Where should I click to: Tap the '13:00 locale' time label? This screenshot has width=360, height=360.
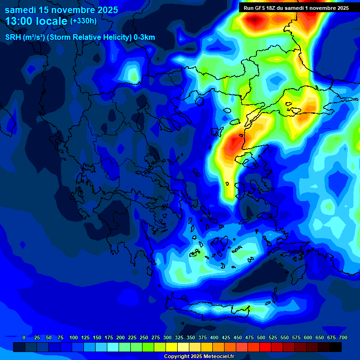pos(37,21)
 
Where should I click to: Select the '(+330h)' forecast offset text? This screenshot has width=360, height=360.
pos(83,21)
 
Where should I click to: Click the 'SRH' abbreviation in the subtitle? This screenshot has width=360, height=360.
pos(13,37)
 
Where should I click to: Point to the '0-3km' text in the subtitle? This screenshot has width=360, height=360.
pos(144,37)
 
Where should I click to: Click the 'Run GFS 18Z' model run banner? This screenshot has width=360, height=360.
pos(296,8)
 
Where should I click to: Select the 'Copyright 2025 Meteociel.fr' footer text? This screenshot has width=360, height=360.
pos(199,356)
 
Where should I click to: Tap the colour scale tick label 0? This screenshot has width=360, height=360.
pos(24,337)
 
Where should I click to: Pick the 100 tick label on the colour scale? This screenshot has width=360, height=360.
pos(73,337)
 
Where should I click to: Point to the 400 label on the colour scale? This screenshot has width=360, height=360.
pos(214,337)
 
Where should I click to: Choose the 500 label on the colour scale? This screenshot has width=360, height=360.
pos(261,337)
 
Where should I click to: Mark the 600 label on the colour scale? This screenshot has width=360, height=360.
pos(308,337)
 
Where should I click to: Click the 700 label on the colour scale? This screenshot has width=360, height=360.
pos(343,337)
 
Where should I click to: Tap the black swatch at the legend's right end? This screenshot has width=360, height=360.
pos(336,347)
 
